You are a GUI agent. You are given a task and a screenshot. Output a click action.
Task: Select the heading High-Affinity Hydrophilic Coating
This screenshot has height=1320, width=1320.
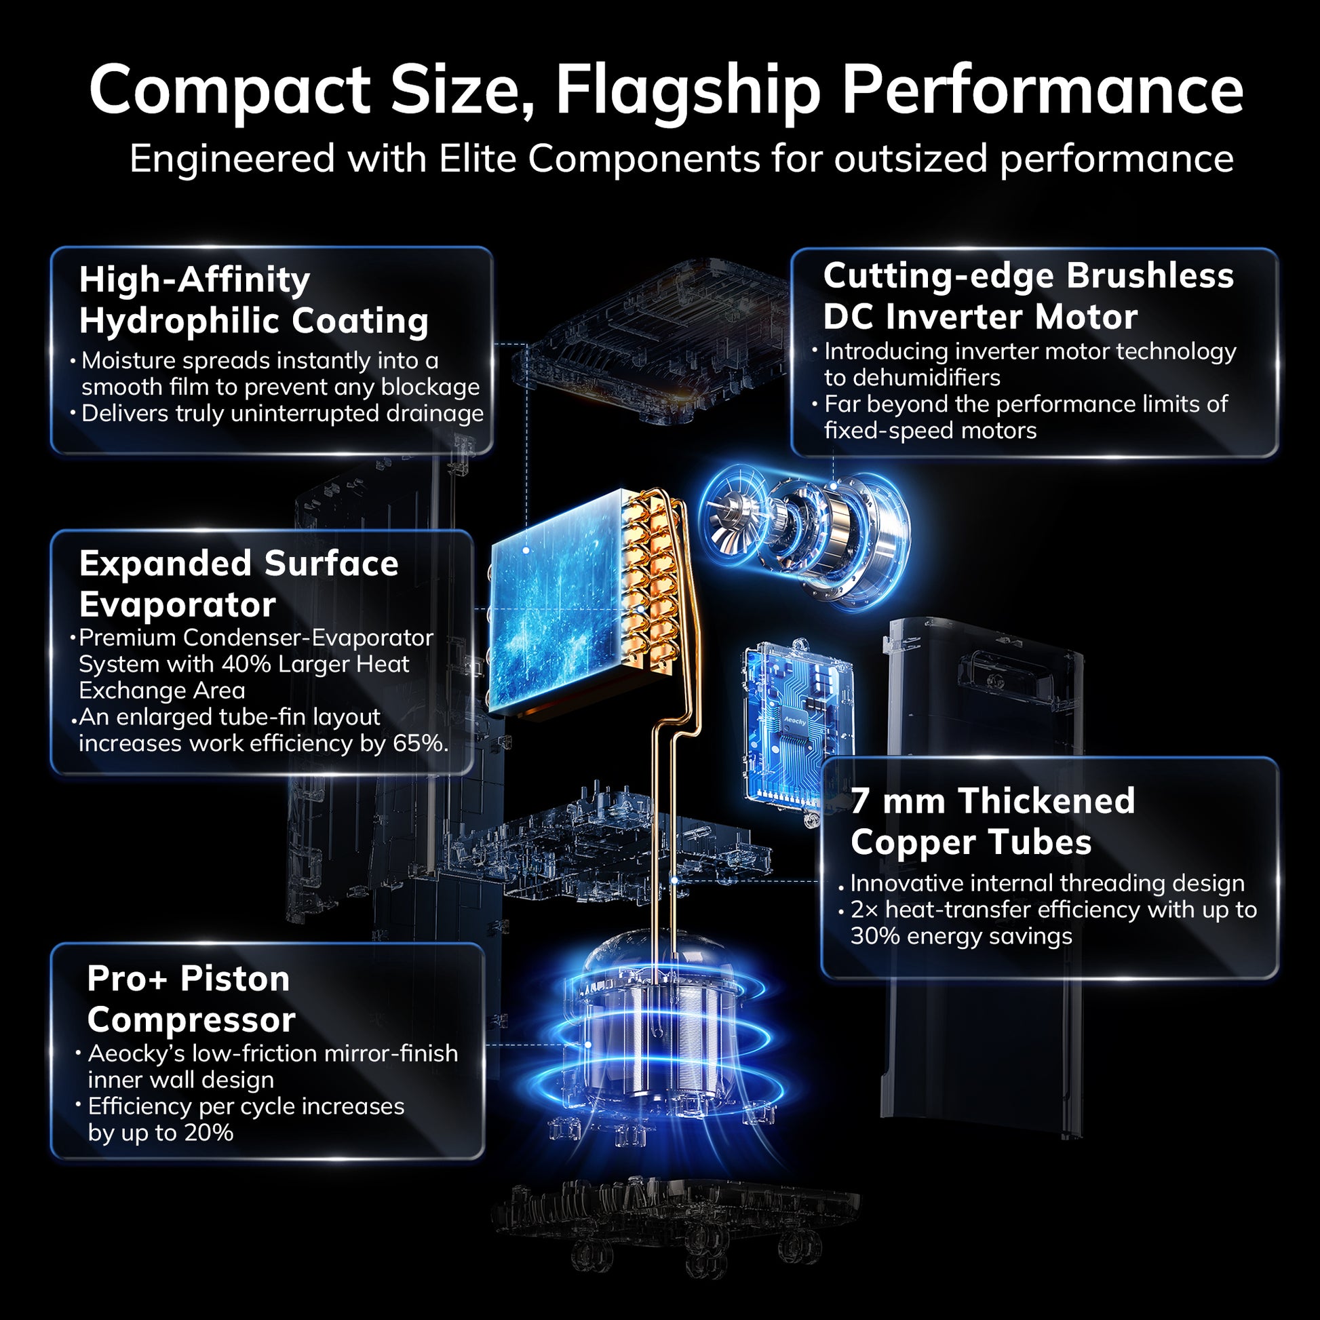pos(254,300)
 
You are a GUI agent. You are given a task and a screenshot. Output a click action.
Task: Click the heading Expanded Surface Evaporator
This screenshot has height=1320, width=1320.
pos(239,584)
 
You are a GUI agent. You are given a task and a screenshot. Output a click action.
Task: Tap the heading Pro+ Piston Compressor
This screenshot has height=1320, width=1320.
pos(191,1000)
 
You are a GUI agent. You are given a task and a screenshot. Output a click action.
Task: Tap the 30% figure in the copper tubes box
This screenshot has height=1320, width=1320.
pos(875,935)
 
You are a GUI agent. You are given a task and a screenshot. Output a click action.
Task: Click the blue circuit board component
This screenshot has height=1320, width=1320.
pos(798,729)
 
